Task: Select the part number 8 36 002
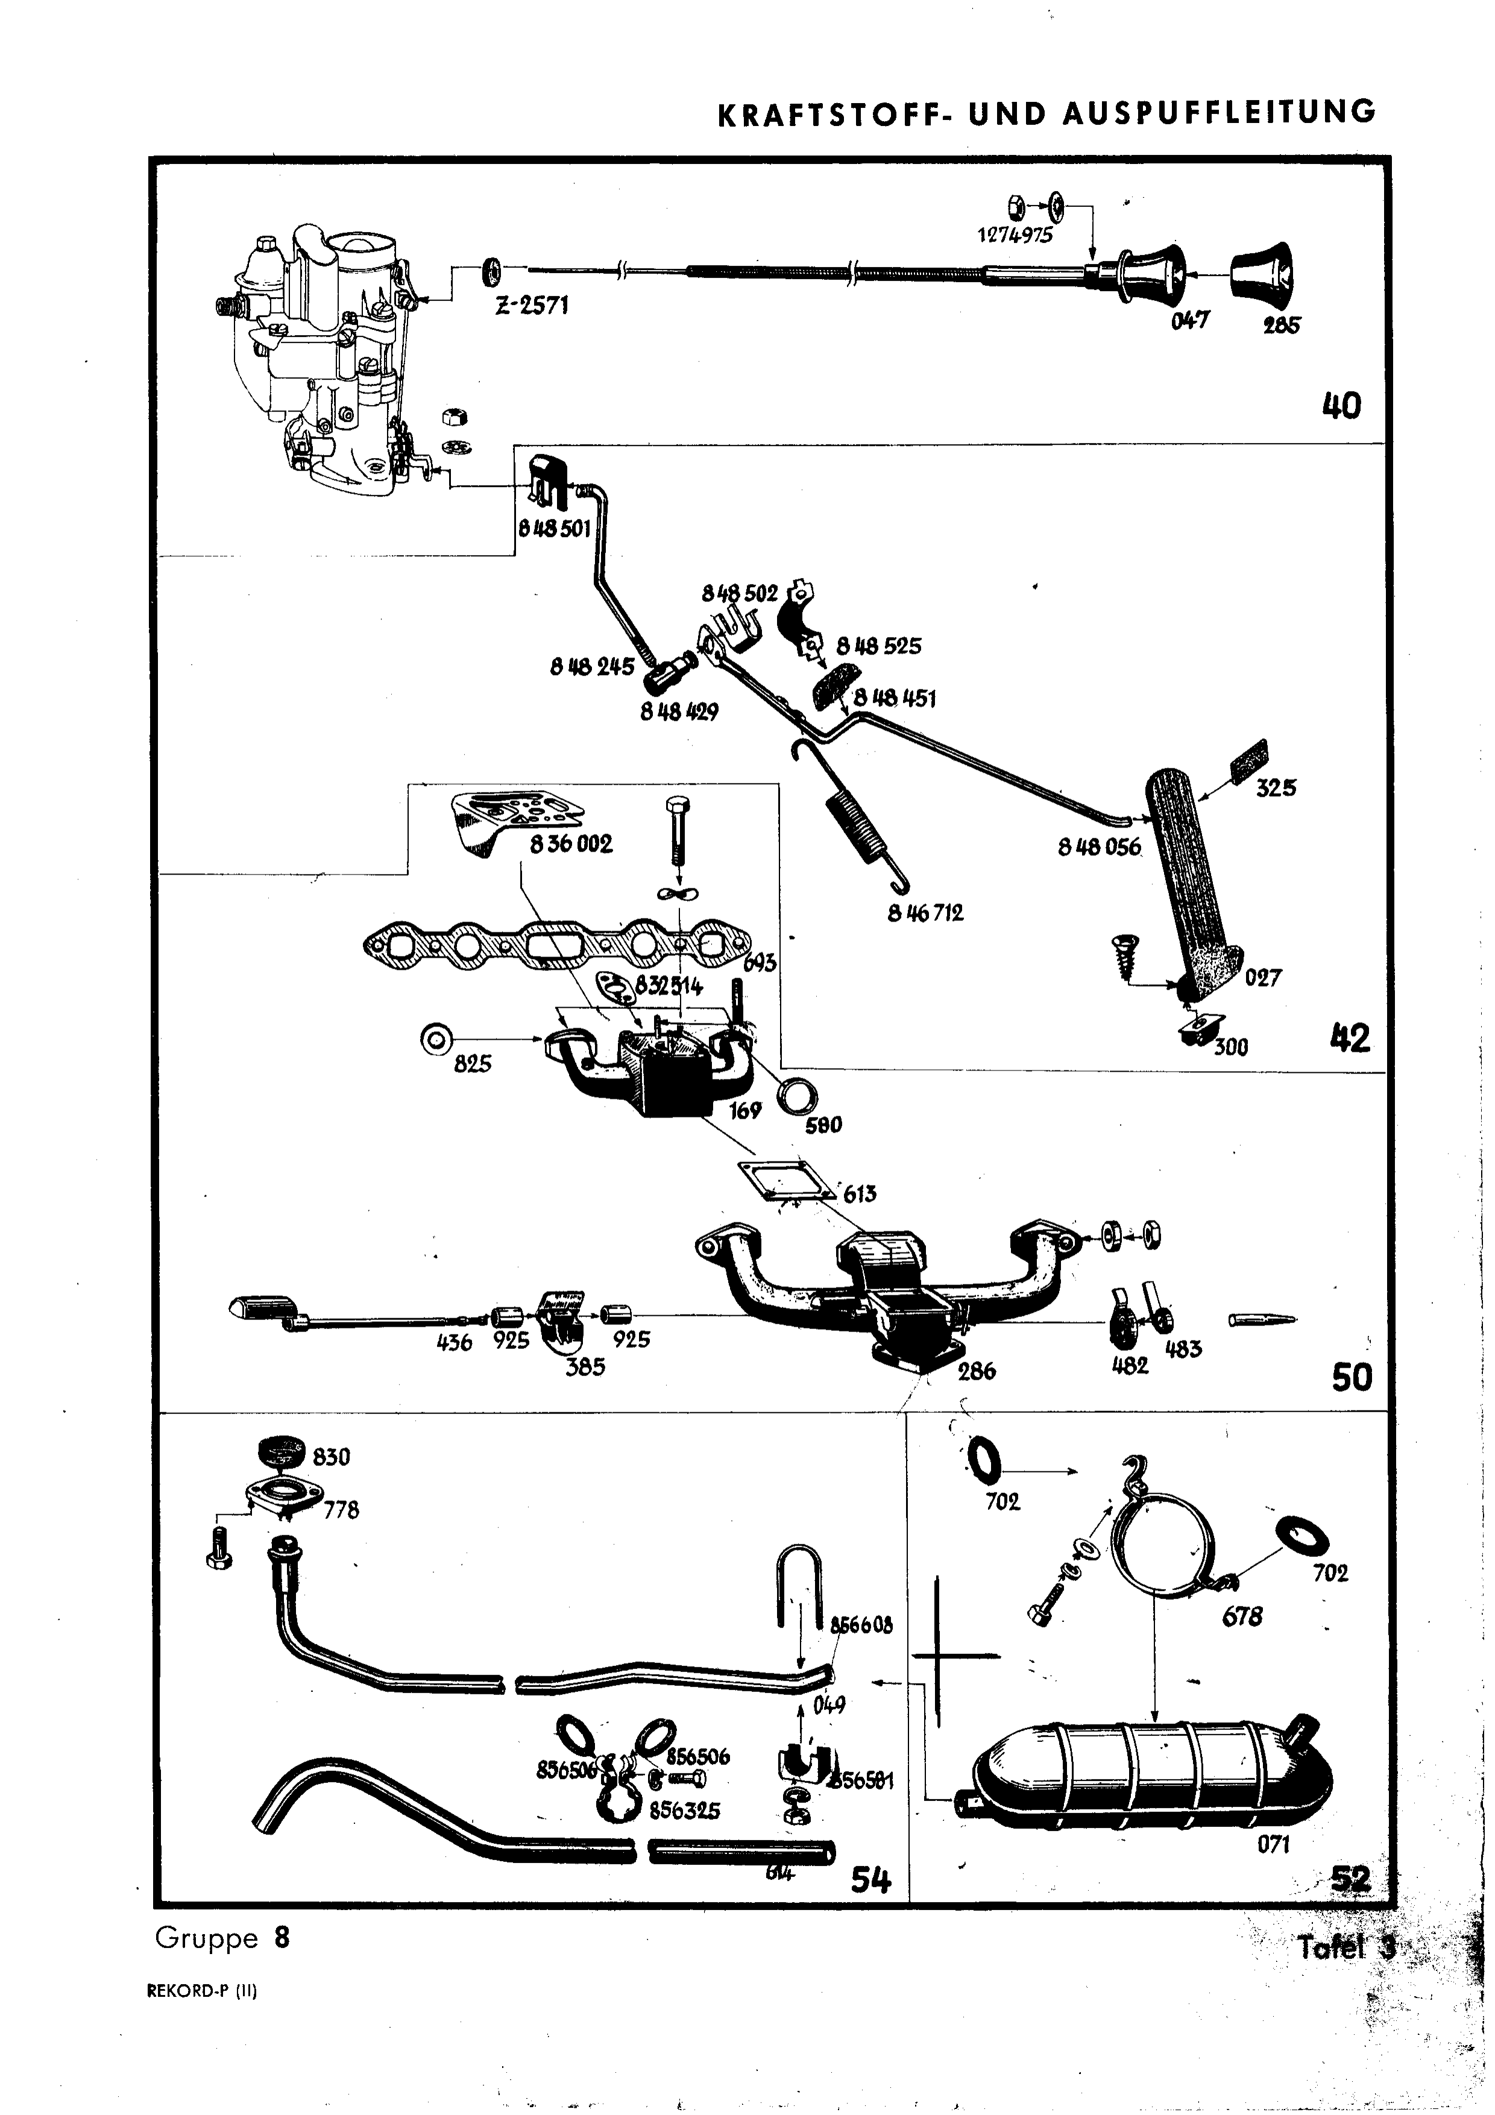571,844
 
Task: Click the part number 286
975,1371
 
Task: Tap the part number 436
453,1341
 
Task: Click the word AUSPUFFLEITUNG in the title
1219,112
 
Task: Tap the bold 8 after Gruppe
281,1939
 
